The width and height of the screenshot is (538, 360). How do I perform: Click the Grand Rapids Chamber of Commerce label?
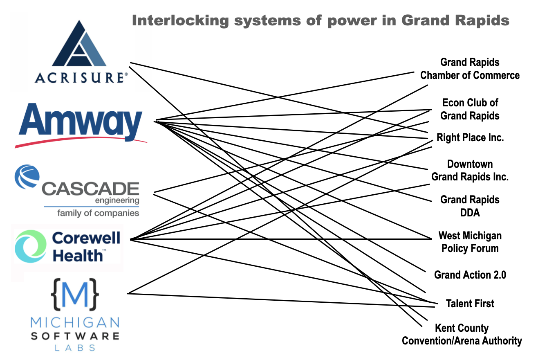470,69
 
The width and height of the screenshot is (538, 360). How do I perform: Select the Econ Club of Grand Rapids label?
470,109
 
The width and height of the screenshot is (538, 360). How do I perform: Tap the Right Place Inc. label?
470,137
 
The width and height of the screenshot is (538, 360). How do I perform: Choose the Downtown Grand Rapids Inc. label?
470,171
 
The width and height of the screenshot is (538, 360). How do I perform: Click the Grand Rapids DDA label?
470,206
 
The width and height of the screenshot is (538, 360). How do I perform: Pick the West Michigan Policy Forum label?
470,242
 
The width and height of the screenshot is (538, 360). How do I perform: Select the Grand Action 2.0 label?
470,275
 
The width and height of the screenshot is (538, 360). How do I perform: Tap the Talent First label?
470,304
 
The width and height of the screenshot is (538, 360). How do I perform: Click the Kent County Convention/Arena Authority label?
462,335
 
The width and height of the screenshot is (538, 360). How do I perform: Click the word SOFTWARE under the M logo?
75,336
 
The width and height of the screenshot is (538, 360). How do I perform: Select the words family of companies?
98,213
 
